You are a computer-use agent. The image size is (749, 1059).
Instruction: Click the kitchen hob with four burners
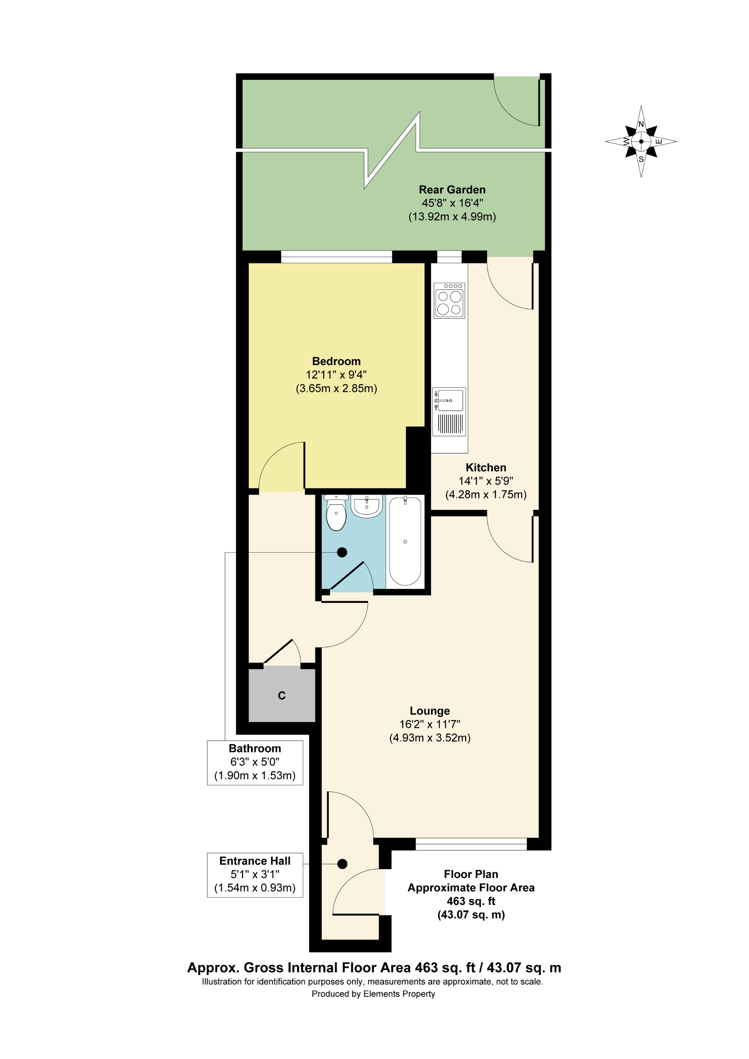[x=449, y=300]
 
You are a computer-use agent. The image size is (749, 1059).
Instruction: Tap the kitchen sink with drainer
[x=449, y=412]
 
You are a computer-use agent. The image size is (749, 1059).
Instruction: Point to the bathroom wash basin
[x=367, y=506]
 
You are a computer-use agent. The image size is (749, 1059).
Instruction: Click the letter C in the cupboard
[x=281, y=695]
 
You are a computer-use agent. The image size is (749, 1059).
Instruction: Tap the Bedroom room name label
[x=336, y=361]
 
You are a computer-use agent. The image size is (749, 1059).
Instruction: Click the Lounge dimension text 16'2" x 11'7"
[x=430, y=724]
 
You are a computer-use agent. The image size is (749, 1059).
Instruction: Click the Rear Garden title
[x=452, y=190]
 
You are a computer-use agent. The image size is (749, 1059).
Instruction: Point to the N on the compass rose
[x=640, y=124]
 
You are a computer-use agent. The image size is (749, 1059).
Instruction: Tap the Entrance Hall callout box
[x=255, y=875]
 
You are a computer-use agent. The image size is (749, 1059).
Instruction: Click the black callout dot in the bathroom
[x=342, y=552]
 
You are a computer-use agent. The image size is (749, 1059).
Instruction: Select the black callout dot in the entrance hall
[x=342, y=864]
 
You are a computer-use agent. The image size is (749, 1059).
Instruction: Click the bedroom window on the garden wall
[x=336, y=256]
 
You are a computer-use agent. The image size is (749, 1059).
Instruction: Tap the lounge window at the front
[x=471, y=844]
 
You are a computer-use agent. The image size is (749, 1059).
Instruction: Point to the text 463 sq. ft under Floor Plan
[x=471, y=901]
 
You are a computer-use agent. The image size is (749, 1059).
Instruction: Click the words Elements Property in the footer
[x=399, y=994]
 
